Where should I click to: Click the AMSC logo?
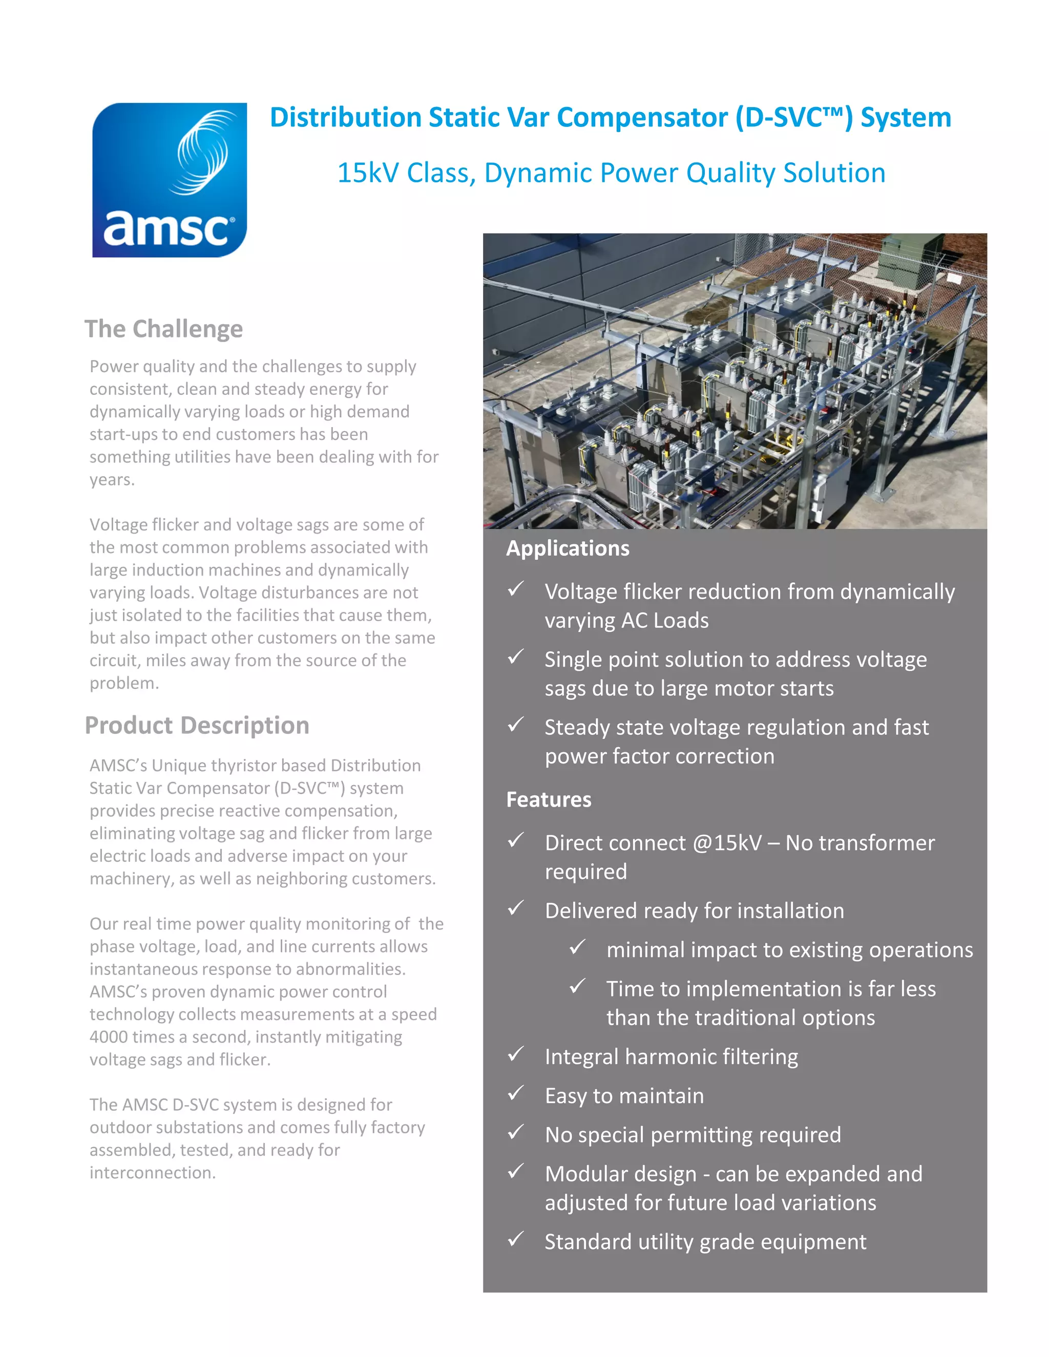click(169, 180)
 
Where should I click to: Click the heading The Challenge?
click(163, 329)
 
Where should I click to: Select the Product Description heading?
click(197, 725)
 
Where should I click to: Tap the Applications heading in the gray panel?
click(568, 548)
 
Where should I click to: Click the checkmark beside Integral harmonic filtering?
click(515, 1054)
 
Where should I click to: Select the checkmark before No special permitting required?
click(515, 1132)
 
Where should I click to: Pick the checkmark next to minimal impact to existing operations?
click(577, 947)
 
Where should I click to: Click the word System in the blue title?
click(906, 117)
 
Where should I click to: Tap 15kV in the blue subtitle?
click(368, 173)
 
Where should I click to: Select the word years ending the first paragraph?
click(111, 480)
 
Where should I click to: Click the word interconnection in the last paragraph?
click(152, 1173)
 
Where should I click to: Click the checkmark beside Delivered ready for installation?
click(515, 908)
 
